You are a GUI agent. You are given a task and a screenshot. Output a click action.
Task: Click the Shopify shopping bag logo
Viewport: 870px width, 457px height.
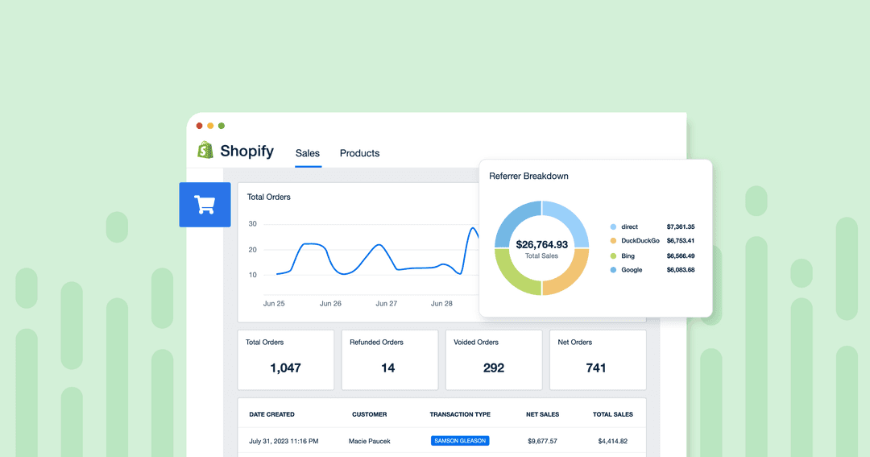point(205,151)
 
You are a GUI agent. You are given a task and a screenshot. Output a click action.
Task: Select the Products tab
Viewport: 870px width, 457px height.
point(359,153)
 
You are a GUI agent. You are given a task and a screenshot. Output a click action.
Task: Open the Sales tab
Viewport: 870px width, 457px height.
point(308,153)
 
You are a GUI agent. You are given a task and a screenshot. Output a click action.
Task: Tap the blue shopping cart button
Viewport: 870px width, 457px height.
point(205,205)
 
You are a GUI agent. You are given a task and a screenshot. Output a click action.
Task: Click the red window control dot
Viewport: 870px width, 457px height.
point(200,126)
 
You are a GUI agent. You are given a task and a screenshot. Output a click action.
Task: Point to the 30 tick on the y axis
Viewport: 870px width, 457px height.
point(252,224)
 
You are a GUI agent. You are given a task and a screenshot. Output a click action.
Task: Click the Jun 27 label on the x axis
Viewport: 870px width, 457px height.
point(387,304)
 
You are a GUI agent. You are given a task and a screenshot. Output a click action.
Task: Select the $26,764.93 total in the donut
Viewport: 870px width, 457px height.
point(541,244)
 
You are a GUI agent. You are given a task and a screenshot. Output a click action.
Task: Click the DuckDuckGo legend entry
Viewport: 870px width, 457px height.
point(640,241)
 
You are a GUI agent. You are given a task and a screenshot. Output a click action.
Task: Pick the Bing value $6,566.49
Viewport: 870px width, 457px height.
point(680,256)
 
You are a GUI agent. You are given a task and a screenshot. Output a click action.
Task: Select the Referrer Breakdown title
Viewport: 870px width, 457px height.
point(528,176)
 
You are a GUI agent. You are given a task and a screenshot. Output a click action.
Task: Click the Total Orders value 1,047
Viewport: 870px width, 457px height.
point(285,368)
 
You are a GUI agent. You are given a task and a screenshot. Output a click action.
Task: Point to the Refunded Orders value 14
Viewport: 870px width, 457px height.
point(388,368)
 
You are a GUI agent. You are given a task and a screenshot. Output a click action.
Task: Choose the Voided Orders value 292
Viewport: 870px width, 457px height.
point(493,368)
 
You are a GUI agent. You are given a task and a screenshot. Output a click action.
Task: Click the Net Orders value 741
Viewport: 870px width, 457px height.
point(596,368)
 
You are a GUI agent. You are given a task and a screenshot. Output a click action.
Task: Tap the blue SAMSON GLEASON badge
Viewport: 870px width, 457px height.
point(460,441)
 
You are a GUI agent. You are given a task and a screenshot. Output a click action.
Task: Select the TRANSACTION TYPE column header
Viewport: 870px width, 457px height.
point(460,414)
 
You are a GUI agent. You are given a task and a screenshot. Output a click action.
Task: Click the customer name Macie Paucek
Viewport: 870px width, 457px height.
point(369,441)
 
